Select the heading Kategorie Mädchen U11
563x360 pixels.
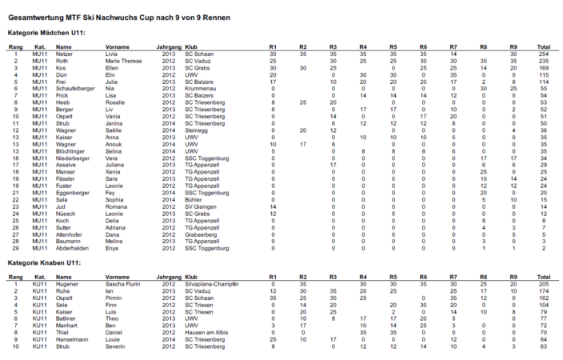pyautogui.click(x=46, y=33)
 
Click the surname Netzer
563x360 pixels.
pyautogui.click(x=66, y=54)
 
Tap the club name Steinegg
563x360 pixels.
pyautogui.click(x=197, y=129)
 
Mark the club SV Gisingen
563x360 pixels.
pyautogui.click(x=200, y=206)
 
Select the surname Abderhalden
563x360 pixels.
pyautogui.click(x=73, y=247)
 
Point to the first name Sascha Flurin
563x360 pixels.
pyautogui.click(x=123, y=284)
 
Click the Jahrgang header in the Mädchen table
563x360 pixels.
pyautogui.click(x=168, y=47)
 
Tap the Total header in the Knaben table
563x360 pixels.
pyautogui.click(x=544, y=277)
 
